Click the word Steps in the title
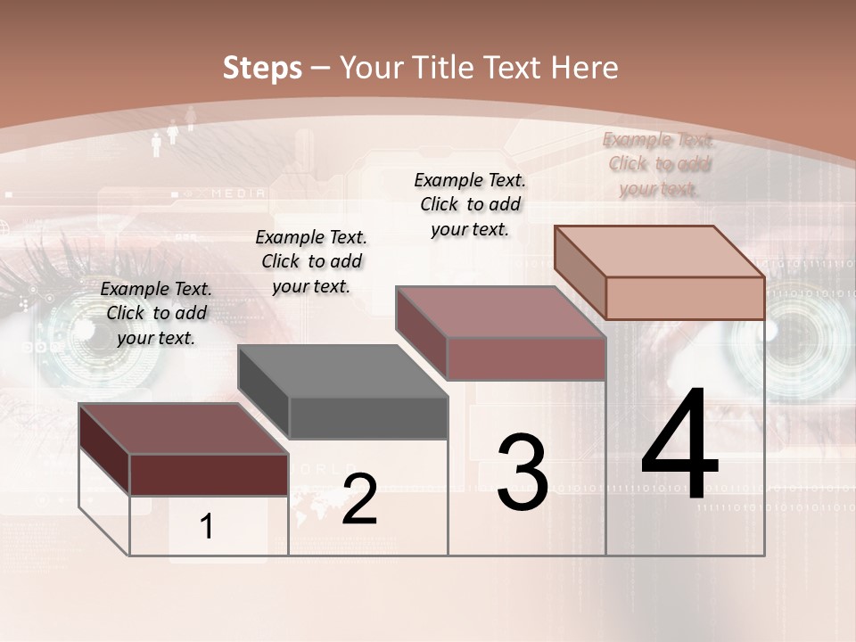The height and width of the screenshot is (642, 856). click(x=262, y=68)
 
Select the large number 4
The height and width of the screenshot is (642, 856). click(x=679, y=446)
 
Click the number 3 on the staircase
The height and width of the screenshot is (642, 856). click(x=523, y=473)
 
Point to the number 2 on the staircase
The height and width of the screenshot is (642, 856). click(x=359, y=499)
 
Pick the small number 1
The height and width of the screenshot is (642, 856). click(x=207, y=527)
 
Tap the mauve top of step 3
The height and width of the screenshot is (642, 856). click(x=499, y=312)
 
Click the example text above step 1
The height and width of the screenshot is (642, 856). click(x=156, y=313)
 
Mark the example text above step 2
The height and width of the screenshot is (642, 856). click(x=311, y=261)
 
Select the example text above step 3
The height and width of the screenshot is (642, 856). click(x=470, y=204)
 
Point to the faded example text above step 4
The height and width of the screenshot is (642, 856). click(x=659, y=164)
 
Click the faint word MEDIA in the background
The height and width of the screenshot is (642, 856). click(x=238, y=193)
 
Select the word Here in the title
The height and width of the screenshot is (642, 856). click(x=584, y=68)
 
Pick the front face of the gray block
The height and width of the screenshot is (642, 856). click(x=368, y=417)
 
